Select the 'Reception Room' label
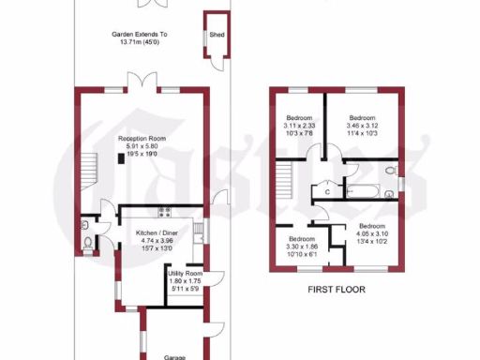click(142, 138)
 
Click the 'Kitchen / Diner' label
click(157, 232)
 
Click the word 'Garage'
click(176, 356)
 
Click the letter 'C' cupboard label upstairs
click(326, 191)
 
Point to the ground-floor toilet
click(87, 243)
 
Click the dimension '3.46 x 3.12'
click(362, 125)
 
